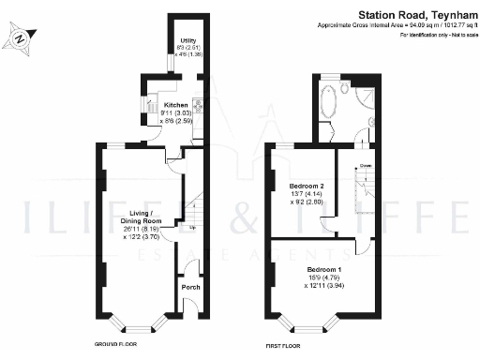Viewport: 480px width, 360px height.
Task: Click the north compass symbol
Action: point(20,38)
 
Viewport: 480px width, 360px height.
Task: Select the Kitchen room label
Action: point(175,104)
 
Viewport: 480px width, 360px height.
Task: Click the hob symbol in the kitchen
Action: point(198,106)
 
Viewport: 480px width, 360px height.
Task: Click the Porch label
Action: point(190,287)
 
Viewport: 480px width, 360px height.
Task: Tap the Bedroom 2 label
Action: point(308,184)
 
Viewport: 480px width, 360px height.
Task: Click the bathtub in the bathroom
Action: point(331,97)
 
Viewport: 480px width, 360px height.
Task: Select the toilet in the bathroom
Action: point(346,90)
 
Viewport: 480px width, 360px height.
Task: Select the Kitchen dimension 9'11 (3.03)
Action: point(176,112)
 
